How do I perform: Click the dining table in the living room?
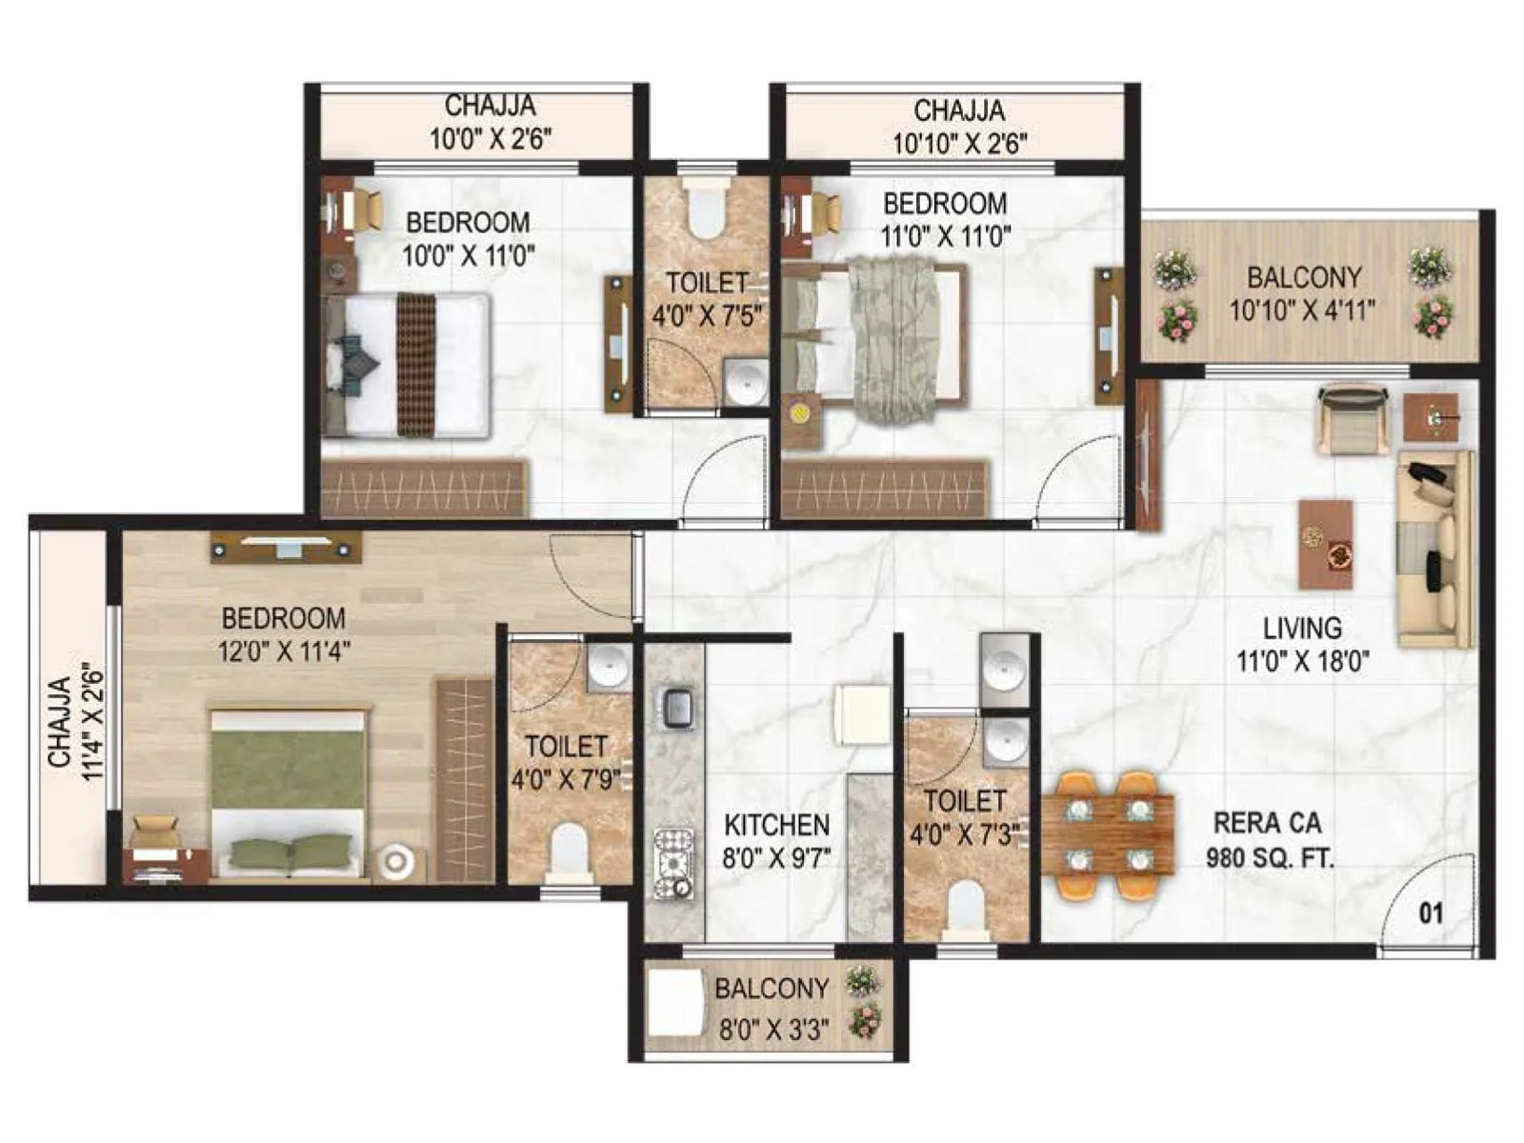1109,834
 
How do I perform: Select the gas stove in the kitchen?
673,862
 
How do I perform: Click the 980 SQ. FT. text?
1270,857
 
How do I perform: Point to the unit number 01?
1432,913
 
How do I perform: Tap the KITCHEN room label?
776,824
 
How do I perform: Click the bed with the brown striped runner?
407,365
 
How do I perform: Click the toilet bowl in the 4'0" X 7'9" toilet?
570,847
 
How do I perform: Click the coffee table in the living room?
1325,544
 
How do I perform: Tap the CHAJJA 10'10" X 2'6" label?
959,127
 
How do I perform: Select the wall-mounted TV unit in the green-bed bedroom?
286,547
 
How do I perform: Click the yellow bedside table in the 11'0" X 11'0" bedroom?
798,412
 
